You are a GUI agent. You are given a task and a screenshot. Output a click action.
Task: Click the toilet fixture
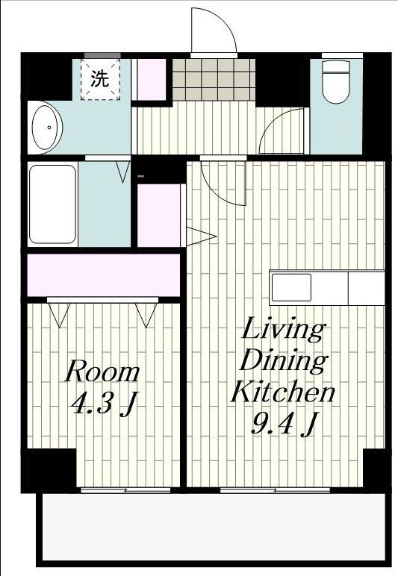335,81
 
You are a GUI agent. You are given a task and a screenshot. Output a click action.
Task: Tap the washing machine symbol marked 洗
100,78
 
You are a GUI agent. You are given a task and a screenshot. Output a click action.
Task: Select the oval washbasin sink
47,128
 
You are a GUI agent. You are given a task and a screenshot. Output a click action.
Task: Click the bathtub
52,204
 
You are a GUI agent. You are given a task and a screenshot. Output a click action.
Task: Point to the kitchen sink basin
291,288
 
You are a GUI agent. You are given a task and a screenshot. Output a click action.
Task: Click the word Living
282,330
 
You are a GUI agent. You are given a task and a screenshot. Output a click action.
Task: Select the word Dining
283,360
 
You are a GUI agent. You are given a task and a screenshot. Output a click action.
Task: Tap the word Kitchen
282,391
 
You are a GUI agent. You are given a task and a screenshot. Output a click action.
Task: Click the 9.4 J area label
283,423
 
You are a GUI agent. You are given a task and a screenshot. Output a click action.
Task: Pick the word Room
102,372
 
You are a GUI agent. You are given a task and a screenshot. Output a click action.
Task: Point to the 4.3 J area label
105,404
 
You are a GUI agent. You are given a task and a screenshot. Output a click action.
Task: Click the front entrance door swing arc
220,24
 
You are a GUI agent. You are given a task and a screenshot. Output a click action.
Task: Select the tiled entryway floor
214,79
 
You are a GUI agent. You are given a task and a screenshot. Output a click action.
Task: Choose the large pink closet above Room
104,275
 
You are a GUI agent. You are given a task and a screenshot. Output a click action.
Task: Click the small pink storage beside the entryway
152,79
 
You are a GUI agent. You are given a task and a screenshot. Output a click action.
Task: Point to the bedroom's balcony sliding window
125,490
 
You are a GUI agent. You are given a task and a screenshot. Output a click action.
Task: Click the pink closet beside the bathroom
159,216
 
